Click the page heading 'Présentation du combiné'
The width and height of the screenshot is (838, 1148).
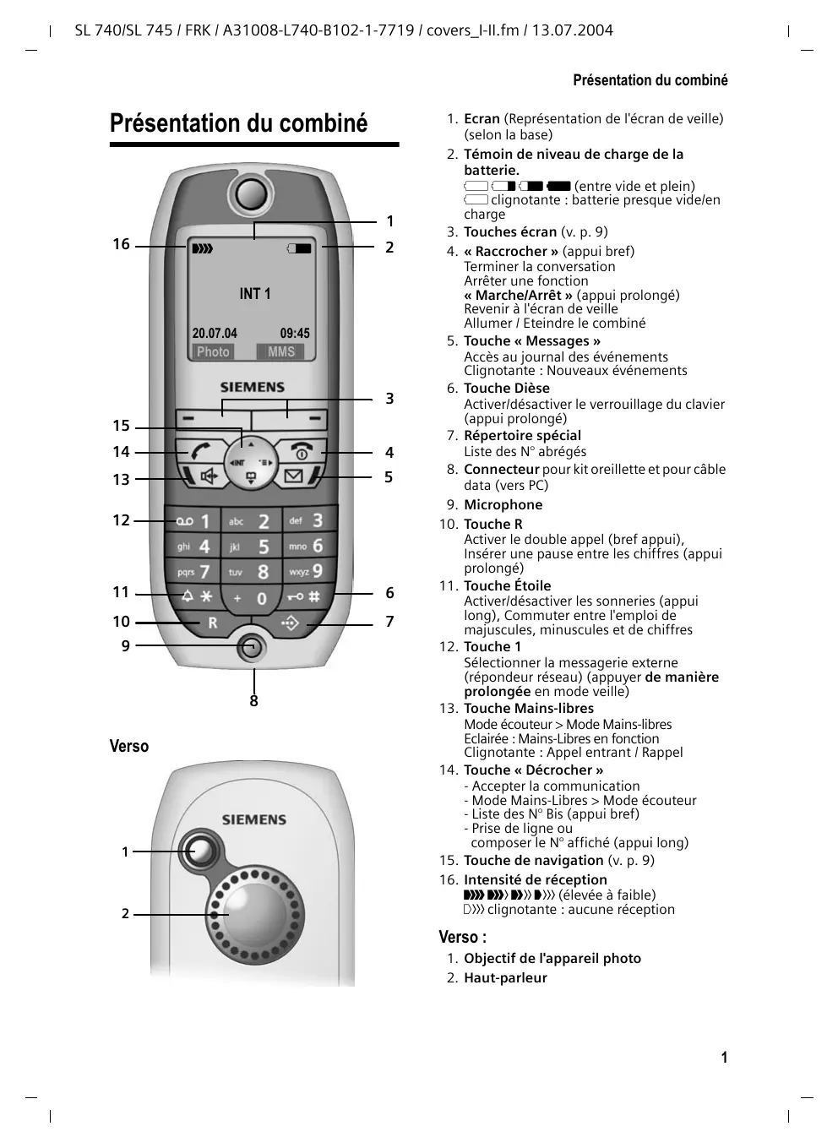point(239,123)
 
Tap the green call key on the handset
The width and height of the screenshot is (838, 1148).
point(200,451)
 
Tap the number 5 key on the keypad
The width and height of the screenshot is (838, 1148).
point(253,547)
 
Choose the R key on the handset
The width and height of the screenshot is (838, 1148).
point(212,623)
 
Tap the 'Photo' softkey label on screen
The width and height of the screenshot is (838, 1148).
point(213,352)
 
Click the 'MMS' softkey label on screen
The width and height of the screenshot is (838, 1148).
point(281,352)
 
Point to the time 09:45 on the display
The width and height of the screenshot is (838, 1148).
point(295,334)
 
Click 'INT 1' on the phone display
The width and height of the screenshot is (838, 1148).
point(255,294)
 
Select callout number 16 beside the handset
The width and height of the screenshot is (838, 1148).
point(122,245)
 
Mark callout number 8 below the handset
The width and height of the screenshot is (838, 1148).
point(253,701)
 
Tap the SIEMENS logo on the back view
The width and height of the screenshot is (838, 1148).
point(253,819)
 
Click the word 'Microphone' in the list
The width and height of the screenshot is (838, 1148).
point(503,505)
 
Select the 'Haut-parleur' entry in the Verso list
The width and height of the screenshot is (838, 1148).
point(505,978)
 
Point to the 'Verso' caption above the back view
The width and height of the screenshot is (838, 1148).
point(129,747)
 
